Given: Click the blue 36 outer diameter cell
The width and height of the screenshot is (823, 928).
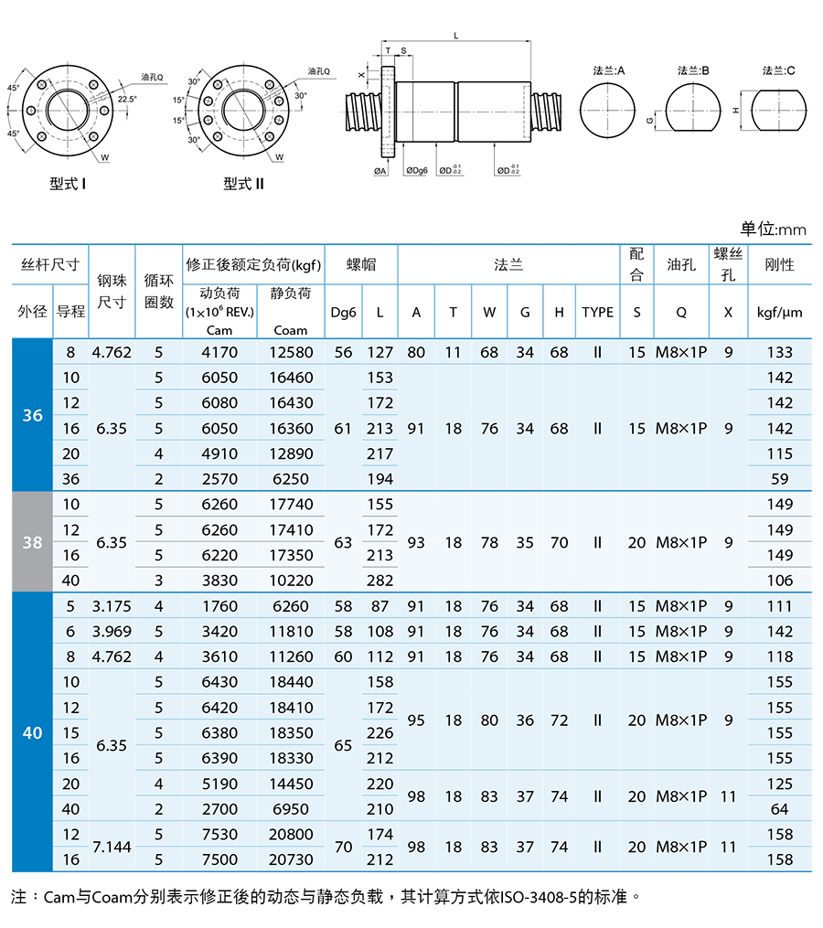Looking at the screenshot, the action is [33, 415].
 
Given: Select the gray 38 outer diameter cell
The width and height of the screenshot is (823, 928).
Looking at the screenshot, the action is [33, 542].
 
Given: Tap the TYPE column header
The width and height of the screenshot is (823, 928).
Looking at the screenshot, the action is [597, 312].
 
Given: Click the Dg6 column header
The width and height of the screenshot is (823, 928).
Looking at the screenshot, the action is [344, 313].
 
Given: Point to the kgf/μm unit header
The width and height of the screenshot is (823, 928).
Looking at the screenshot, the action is [779, 313].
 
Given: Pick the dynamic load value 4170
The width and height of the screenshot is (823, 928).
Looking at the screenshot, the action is [219, 352].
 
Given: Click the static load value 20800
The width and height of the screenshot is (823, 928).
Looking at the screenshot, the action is [291, 834].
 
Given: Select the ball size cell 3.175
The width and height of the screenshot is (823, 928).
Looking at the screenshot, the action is [112, 606].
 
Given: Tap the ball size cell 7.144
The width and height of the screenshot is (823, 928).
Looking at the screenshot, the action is [112, 847].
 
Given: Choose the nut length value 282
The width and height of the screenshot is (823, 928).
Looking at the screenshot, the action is [379, 581].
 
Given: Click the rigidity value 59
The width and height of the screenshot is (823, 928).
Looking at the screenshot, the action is [780, 479].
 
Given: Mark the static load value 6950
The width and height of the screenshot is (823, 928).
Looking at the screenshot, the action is [291, 809].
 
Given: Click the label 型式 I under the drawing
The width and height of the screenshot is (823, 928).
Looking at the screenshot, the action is [68, 184].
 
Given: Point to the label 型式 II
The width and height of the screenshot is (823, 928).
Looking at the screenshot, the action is [243, 184].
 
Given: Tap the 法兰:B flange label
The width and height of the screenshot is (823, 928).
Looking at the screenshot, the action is [693, 71].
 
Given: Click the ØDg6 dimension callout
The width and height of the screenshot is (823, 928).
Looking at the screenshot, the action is [417, 170].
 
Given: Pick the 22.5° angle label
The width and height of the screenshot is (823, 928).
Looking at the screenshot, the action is [127, 99].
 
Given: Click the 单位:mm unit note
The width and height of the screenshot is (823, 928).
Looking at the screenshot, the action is [773, 229].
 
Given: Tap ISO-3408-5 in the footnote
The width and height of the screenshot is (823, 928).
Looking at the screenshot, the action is [539, 897].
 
